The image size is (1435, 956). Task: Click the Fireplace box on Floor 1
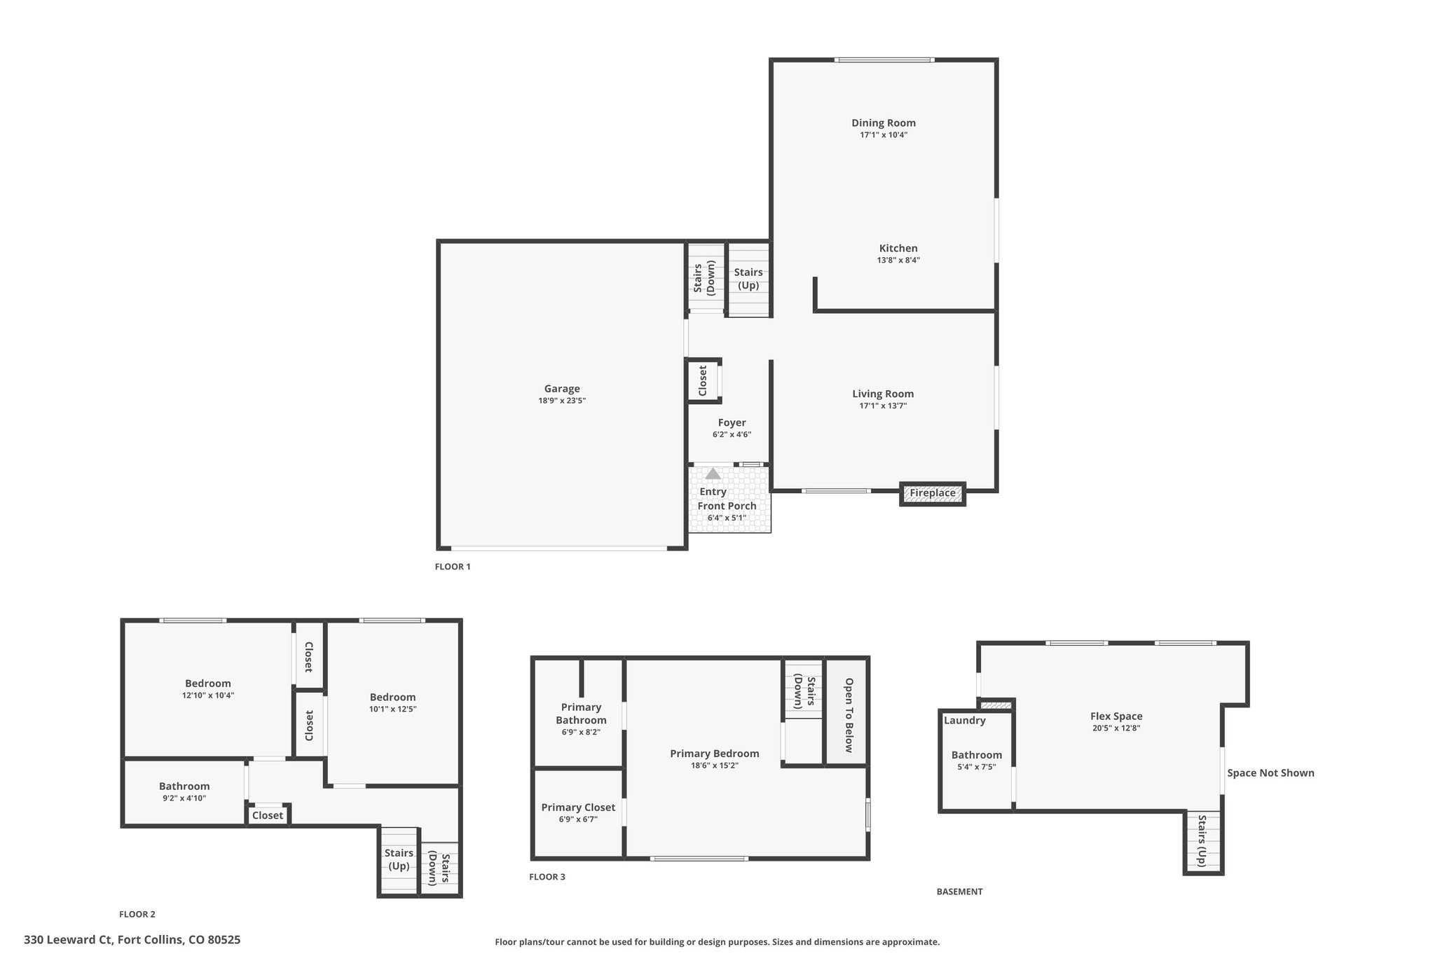point(933,494)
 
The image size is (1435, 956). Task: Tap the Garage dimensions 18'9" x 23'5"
point(562,401)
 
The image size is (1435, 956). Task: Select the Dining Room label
point(884,123)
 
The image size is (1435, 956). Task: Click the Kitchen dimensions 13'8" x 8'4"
point(898,261)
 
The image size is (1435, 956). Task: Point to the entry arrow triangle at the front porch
point(713,473)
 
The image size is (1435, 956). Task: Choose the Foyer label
point(732,423)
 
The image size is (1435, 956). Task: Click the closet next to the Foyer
point(703,381)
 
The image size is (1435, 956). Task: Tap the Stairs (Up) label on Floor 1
point(748,279)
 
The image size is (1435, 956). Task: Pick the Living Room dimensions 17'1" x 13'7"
point(883,406)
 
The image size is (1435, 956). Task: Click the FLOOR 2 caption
point(137,914)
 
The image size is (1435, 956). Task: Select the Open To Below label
point(849,715)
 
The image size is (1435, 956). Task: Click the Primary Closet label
point(578,808)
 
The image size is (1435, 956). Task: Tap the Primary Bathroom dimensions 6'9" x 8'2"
point(581,733)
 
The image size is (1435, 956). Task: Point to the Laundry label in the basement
point(965,721)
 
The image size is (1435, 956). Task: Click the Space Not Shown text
point(1270,773)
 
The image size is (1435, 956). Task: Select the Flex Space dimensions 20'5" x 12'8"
point(1116,728)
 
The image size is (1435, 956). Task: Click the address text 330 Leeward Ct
point(68,940)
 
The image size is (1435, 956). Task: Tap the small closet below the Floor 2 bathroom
point(268,815)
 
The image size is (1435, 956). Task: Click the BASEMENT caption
point(960,892)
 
